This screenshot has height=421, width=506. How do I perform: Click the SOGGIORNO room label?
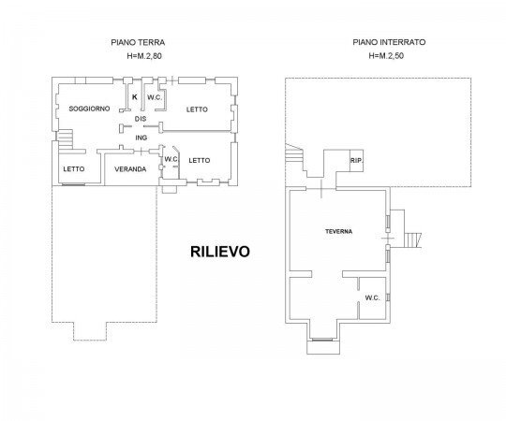[90, 109]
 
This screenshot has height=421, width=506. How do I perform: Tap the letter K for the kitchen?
[135, 97]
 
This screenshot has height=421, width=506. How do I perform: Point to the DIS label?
[141, 119]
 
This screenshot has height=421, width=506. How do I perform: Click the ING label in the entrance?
[142, 138]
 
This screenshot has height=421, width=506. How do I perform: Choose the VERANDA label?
[129, 169]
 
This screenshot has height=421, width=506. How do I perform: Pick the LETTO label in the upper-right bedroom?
[195, 109]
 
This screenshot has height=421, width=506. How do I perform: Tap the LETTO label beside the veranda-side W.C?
[200, 160]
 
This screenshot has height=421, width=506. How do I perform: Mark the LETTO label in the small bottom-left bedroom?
[74, 169]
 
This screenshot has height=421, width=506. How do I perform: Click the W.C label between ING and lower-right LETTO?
[171, 159]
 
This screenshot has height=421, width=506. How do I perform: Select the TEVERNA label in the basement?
[338, 231]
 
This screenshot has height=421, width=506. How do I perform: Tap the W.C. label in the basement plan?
[371, 298]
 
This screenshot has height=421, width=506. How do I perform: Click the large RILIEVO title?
[220, 252]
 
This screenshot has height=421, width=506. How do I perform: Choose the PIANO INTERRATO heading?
[390, 42]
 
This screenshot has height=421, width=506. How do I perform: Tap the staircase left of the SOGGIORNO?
[65, 138]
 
